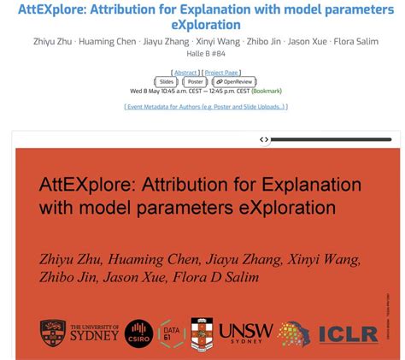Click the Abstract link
[185, 73]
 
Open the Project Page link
[221, 73]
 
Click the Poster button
[196, 82]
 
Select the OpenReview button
[234, 82]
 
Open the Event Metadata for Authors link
[206, 107]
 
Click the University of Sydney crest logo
[53, 332]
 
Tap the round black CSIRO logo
[138, 333]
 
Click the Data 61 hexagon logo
[171, 333]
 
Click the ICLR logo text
[349, 333]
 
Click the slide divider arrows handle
[264, 139]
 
